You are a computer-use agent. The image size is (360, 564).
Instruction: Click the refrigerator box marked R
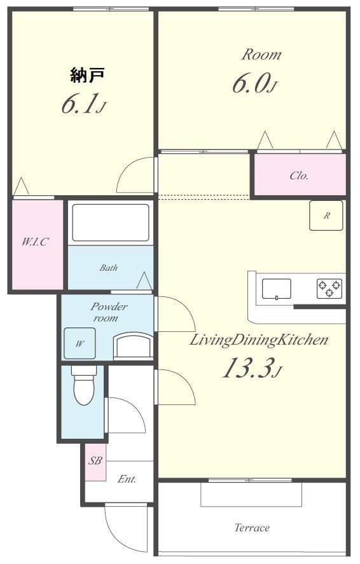click(326, 216)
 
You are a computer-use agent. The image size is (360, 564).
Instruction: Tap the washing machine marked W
click(80, 343)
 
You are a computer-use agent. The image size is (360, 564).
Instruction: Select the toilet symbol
click(83, 385)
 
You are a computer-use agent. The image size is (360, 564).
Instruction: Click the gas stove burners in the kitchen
click(329, 289)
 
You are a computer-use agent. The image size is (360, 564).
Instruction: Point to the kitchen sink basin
click(276, 289)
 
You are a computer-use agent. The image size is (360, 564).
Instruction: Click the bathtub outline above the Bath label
click(111, 223)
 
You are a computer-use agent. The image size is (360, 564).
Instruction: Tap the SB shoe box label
click(95, 461)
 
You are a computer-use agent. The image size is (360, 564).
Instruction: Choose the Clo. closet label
click(299, 175)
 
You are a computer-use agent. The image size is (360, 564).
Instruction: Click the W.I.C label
click(34, 242)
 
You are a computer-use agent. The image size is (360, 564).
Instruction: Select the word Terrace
click(252, 528)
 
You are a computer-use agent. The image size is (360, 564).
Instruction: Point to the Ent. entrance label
click(127, 479)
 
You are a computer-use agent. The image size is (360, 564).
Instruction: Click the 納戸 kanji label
click(87, 75)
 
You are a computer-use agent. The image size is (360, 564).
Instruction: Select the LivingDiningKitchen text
click(259, 340)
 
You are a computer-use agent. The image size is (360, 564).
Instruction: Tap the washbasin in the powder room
click(133, 346)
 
